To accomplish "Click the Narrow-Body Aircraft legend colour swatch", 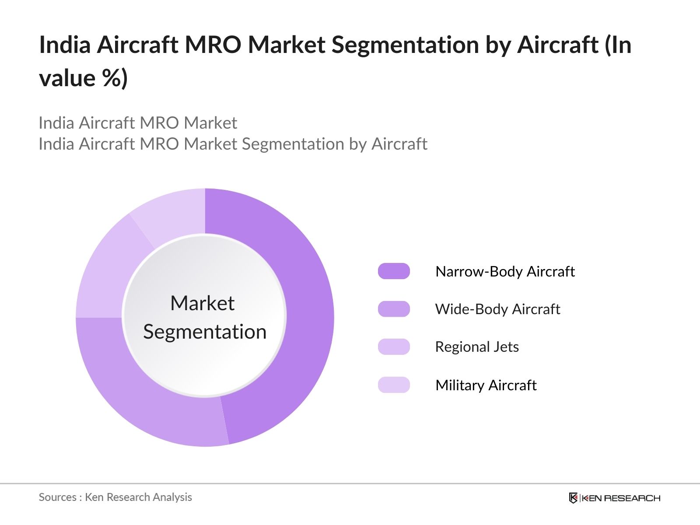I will pyautogui.click(x=394, y=271).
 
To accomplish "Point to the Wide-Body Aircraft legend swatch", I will pyautogui.click(x=394, y=309).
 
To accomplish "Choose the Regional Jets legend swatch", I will pyautogui.click(x=394, y=346).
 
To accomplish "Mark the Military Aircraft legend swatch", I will pyautogui.click(x=394, y=385).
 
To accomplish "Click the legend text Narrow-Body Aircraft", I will pyautogui.click(x=505, y=271).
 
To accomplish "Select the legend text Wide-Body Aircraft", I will pyautogui.click(x=497, y=309).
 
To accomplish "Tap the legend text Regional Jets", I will pyautogui.click(x=477, y=346).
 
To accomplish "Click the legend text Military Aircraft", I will pyautogui.click(x=486, y=385).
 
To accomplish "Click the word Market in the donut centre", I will pyautogui.click(x=202, y=303).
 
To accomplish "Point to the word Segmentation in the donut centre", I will pyautogui.click(x=205, y=332).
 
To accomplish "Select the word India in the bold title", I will pyautogui.click(x=65, y=45).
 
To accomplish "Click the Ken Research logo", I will pyautogui.click(x=614, y=498).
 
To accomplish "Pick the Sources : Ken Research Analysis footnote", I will pyautogui.click(x=115, y=497).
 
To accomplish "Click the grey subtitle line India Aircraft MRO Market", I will pyautogui.click(x=138, y=123).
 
